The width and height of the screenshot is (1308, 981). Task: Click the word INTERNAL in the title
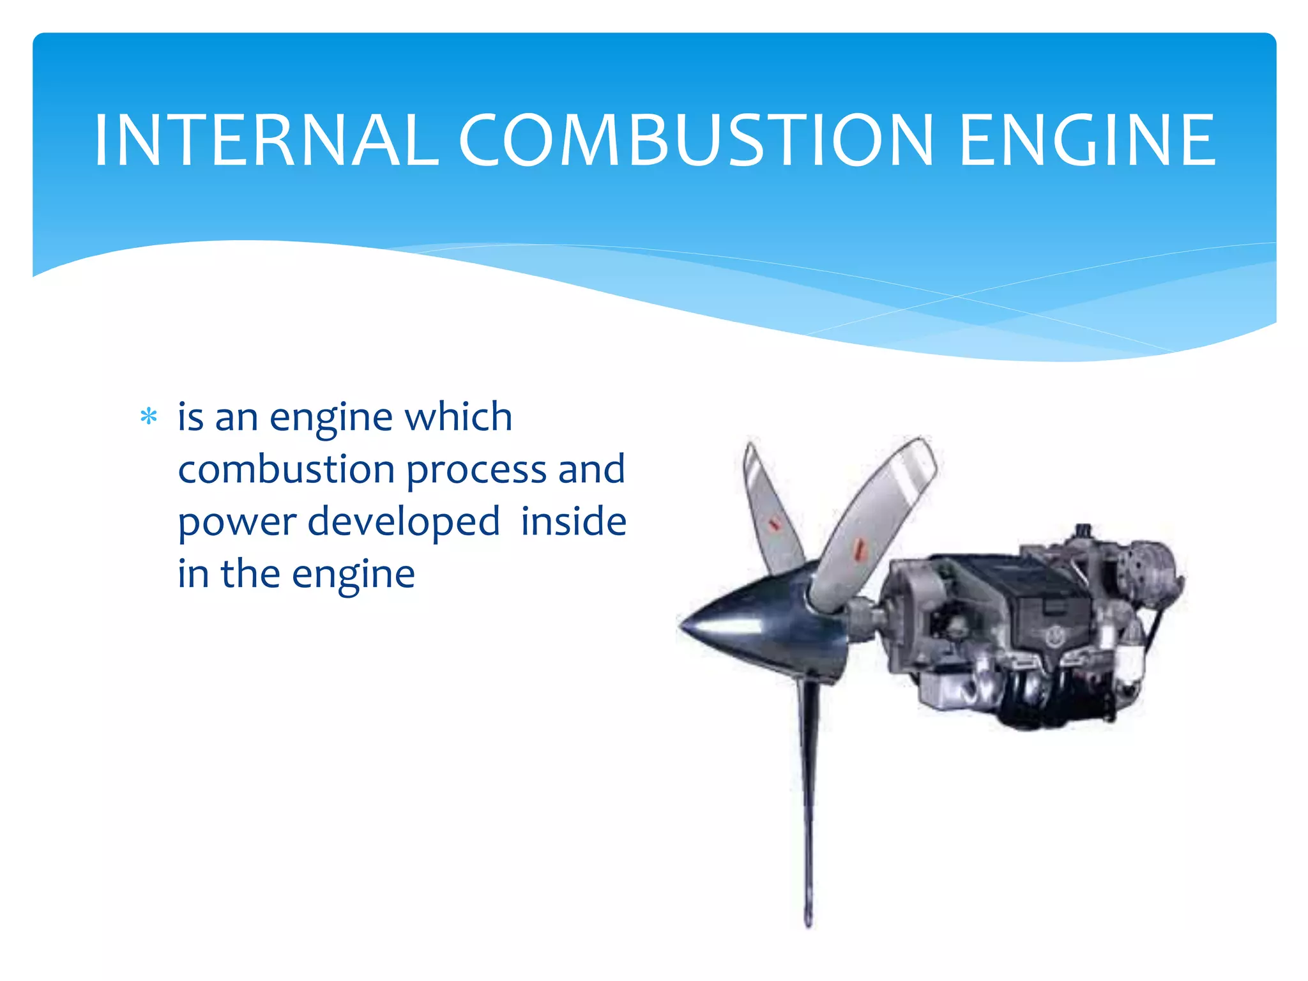tap(266, 141)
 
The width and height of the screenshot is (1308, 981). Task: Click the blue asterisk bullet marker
tap(149, 417)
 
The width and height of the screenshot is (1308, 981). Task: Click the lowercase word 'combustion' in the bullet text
tap(285, 469)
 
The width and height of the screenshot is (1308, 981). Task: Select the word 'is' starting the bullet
tap(190, 417)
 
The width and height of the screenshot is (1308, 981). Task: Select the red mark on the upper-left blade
tap(774, 524)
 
